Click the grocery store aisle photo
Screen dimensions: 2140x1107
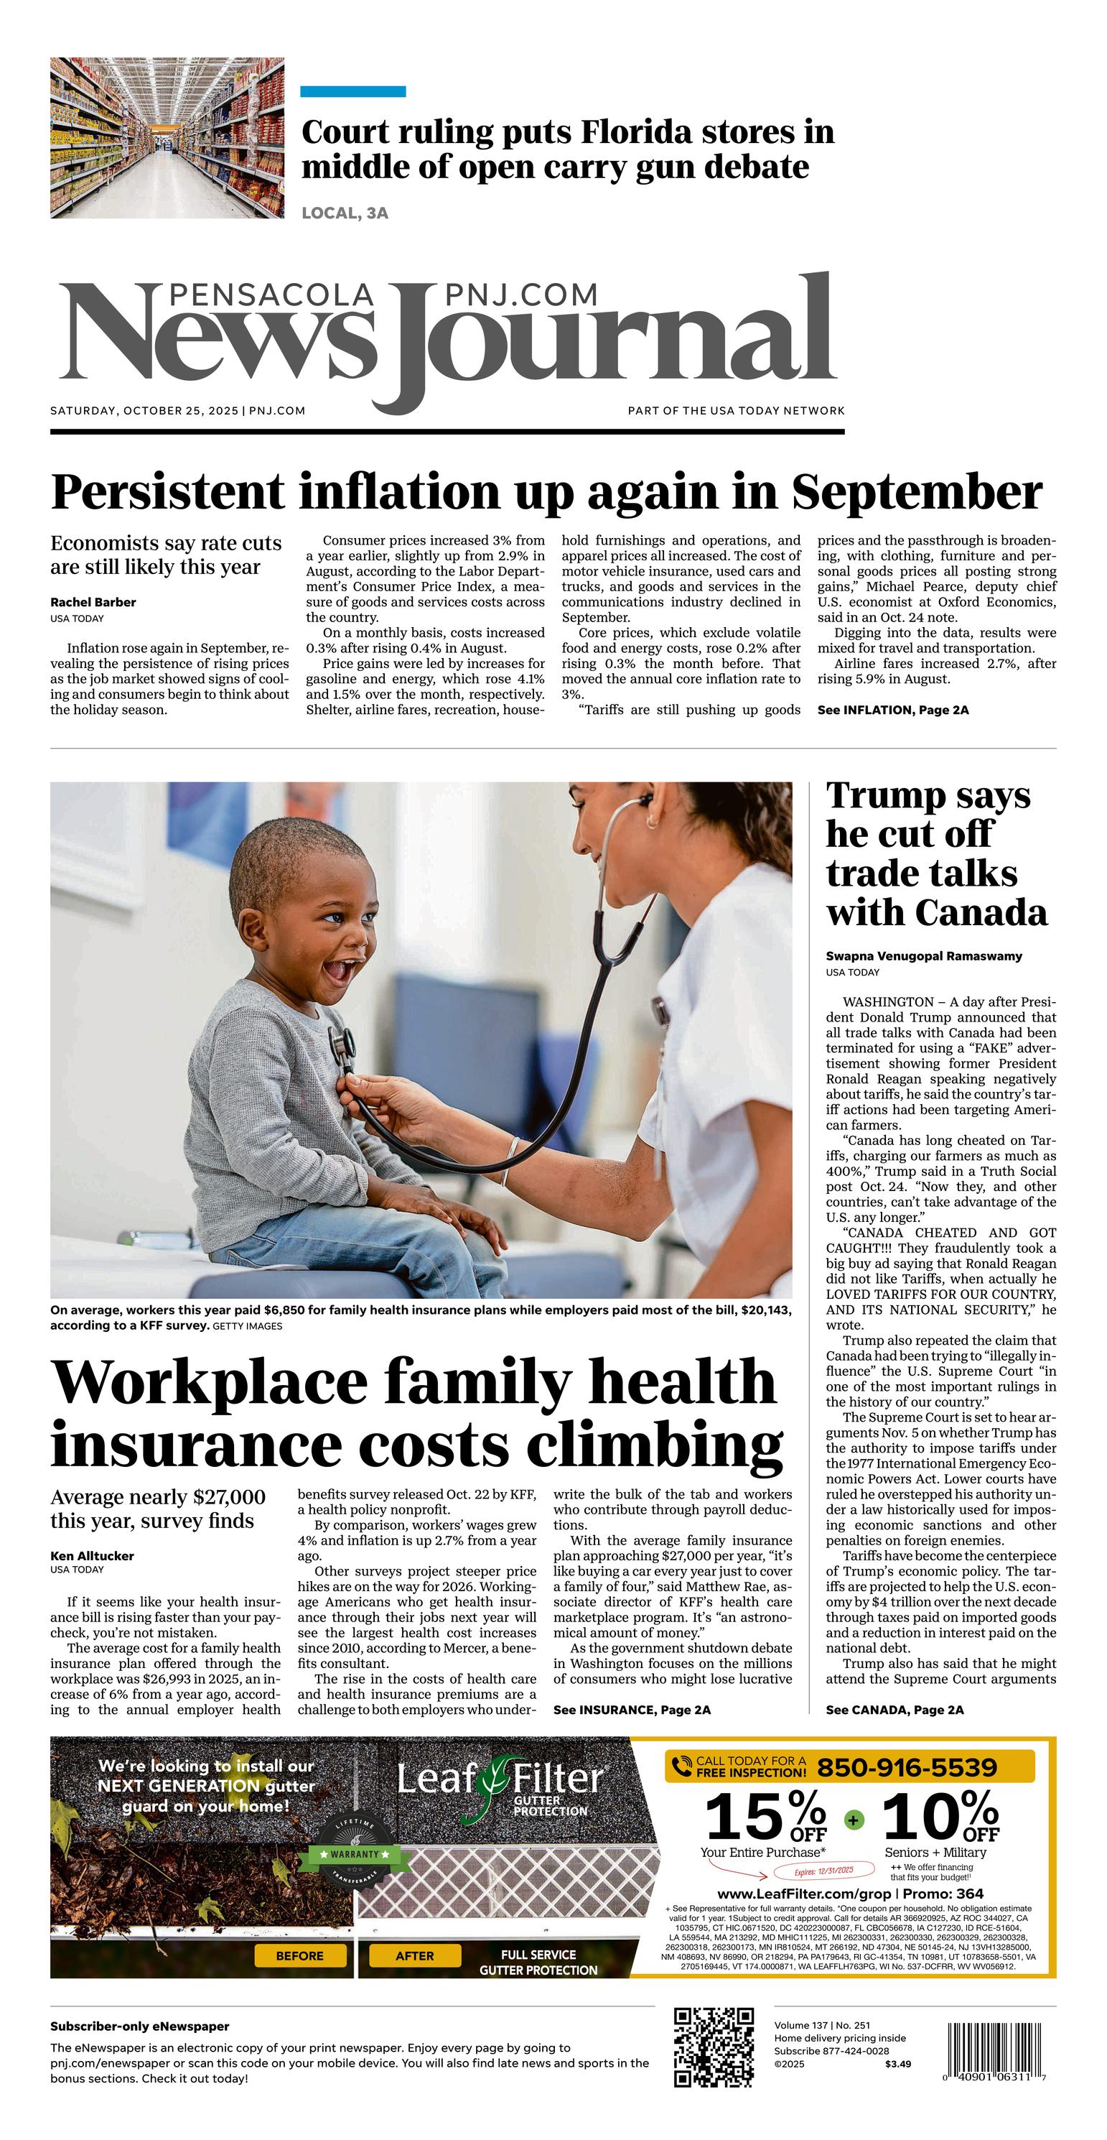pyautogui.click(x=167, y=138)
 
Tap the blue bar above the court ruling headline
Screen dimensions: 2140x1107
pyautogui.click(x=353, y=91)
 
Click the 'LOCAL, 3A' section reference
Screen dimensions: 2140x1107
pyautogui.click(x=345, y=213)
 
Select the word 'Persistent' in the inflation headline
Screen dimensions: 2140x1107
pyautogui.click(x=167, y=492)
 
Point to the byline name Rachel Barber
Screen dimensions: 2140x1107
pyautogui.click(x=93, y=602)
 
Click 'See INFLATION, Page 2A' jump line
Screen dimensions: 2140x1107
pyautogui.click(x=893, y=710)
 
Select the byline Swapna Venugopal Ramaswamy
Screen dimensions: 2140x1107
pyautogui.click(x=923, y=956)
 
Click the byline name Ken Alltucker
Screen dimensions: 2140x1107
pyautogui.click(x=92, y=1556)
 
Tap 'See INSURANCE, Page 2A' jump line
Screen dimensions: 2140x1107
pyautogui.click(x=632, y=1710)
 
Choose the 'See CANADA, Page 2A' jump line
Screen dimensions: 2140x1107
pyautogui.click(x=895, y=1710)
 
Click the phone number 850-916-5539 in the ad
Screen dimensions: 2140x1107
pyautogui.click(x=907, y=1767)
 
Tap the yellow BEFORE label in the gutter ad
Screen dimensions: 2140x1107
pyautogui.click(x=300, y=1955)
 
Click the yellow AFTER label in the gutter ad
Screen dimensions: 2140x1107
pyautogui.click(x=414, y=1955)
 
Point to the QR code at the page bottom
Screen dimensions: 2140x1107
pyautogui.click(x=714, y=2049)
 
